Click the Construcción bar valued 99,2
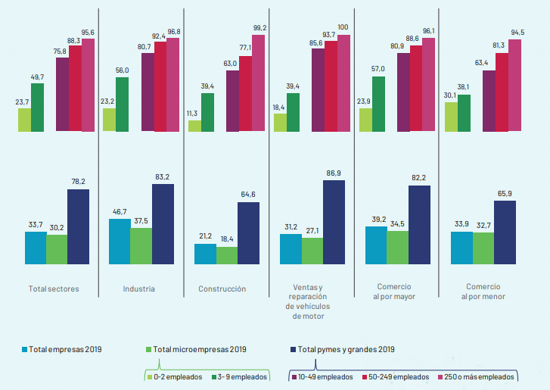[259, 83]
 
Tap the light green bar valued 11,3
[194, 126]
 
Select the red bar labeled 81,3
[502, 92]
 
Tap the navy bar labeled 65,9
[505, 232]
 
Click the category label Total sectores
[53, 289]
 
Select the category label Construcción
[222, 289]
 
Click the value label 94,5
[517, 32]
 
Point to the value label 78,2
[78, 182]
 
